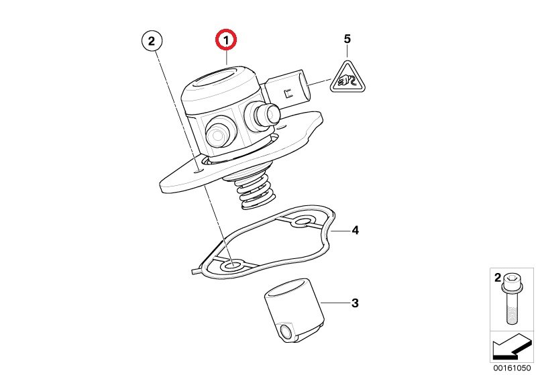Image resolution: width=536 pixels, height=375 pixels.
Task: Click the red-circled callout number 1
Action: coord(225,40)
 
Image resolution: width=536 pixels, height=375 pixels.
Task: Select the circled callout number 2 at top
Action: coord(152,41)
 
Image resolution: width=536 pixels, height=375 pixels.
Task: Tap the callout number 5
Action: coord(347,39)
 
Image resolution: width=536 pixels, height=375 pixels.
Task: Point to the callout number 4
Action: coord(355,230)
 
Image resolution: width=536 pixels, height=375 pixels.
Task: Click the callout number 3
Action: coord(355,303)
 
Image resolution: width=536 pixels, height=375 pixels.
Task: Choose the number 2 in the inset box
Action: coord(497,278)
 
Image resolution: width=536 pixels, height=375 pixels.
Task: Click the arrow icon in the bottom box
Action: coord(512,347)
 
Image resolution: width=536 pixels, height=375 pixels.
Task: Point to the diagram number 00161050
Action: coord(512,368)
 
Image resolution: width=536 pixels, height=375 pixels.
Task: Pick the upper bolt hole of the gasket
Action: coord(302,222)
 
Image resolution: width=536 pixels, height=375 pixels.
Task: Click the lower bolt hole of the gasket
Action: coord(233,265)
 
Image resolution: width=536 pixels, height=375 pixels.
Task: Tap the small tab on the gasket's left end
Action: coord(196,271)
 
